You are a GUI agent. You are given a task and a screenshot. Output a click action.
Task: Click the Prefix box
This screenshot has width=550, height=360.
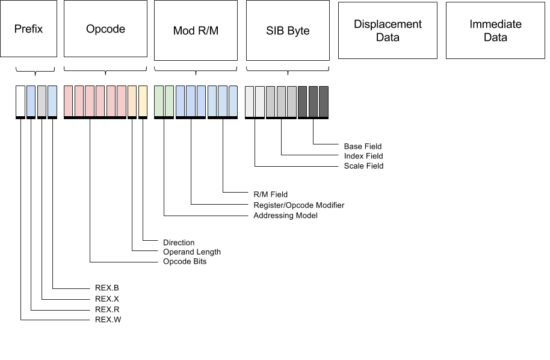[29, 29]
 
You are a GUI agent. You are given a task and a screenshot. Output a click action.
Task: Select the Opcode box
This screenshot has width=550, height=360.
[105, 29]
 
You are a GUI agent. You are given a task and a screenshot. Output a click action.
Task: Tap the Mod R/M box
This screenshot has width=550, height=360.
[196, 31]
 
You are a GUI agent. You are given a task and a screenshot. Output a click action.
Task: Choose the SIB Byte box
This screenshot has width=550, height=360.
[288, 31]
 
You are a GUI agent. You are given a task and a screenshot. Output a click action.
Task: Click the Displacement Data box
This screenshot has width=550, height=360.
[388, 31]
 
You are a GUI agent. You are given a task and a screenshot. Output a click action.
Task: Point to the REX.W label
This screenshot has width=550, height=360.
[108, 320]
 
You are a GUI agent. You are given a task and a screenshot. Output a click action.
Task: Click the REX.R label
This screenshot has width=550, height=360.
[108, 309]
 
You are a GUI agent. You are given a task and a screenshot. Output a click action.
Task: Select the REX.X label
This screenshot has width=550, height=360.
[108, 299]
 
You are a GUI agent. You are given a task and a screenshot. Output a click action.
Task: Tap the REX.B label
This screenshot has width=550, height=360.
[108, 288]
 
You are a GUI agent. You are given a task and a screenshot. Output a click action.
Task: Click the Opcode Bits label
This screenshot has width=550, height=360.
[185, 262]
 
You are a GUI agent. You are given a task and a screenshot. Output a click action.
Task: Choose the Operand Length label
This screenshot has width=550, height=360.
[192, 252]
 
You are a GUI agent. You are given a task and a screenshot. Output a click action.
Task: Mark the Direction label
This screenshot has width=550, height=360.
[179, 243]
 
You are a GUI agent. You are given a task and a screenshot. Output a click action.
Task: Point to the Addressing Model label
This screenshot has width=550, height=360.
[285, 216]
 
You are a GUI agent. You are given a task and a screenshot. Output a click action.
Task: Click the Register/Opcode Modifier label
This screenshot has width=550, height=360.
[299, 205]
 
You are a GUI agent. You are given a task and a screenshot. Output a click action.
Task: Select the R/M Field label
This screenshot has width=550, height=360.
[270, 194]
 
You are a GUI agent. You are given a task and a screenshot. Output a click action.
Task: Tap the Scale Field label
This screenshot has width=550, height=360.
[363, 166]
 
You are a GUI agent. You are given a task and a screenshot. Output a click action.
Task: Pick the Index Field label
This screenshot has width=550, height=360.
[363, 156]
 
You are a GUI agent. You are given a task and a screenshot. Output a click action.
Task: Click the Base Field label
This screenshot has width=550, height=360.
[363, 146]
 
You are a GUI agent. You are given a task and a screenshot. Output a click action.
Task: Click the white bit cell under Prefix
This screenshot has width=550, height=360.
[20, 101]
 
